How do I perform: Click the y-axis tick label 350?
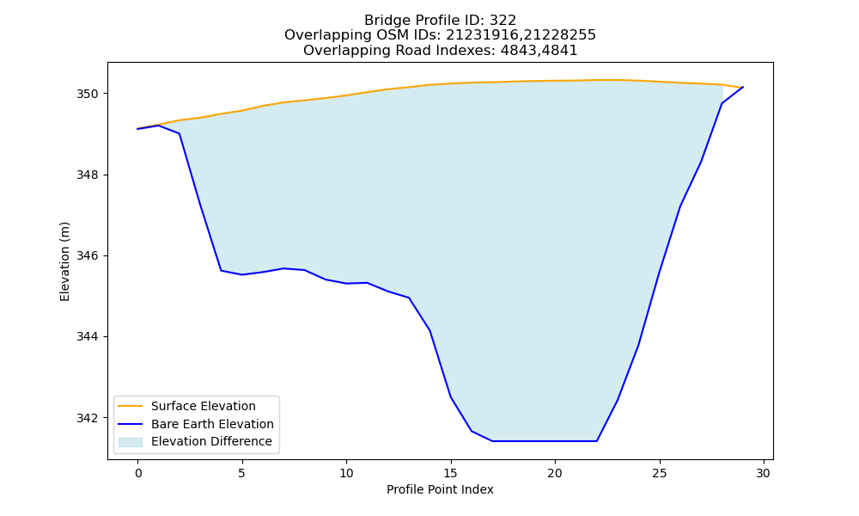pyautogui.click(x=87, y=94)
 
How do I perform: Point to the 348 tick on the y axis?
pyautogui.click(x=87, y=175)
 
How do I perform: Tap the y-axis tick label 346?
pyautogui.click(x=87, y=255)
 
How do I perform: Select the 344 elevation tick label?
pyautogui.click(x=87, y=336)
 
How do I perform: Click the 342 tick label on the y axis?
pyautogui.click(x=87, y=418)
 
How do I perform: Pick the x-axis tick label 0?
pyautogui.click(x=138, y=473)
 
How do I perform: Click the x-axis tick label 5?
pyautogui.click(x=242, y=473)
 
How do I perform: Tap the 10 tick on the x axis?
pyautogui.click(x=346, y=473)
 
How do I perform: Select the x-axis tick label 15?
pyautogui.click(x=451, y=473)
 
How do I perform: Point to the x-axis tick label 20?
pyautogui.click(x=555, y=473)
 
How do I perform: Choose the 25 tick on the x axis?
pyautogui.click(x=660, y=473)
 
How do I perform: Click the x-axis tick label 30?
pyautogui.click(x=764, y=473)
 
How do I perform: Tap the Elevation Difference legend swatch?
pyautogui.click(x=131, y=442)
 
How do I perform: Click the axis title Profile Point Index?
pyautogui.click(x=440, y=489)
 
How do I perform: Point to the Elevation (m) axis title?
pyautogui.click(x=64, y=261)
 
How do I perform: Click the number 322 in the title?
pyautogui.click(x=503, y=21)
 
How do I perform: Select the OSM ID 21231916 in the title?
pyautogui.click(x=482, y=35)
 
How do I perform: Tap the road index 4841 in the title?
pyautogui.click(x=559, y=51)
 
